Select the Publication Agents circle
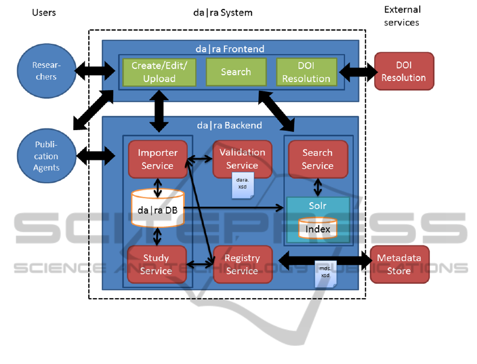pyautogui.click(x=46, y=155)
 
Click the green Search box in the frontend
pyautogui.click(x=236, y=72)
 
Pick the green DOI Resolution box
pyautogui.click(x=306, y=72)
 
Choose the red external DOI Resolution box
pyautogui.click(x=403, y=71)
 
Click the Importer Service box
pyautogui.click(x=157, y=159)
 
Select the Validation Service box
pyautogui.click(x=242, y=159)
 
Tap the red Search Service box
pyautogui.click(x=317, y=159)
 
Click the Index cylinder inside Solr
pyautogui.click(x=318, y=229)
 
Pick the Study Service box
pyautogui.click(x=156, y=264)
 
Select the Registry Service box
pyautogui.click(x=242, y=264)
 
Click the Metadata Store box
pyautogui.click(x=399, y=264)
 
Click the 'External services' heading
pyautogui.click(x=402, y=16)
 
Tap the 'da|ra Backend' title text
pyautogui.click(x=230, y=125)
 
